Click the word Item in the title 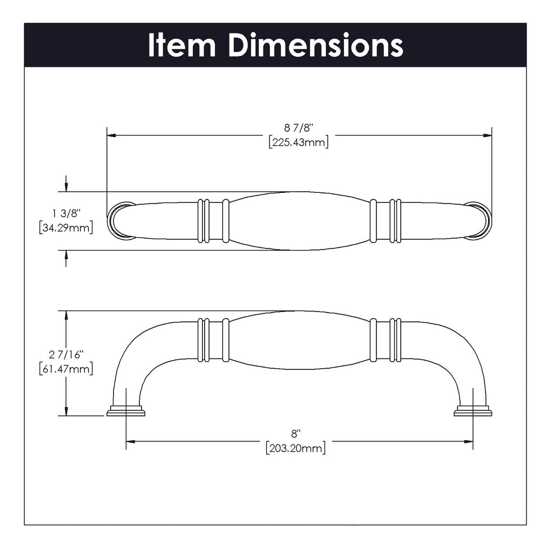pyautogui.click(x=181, y=46)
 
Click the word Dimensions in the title pyautogui.click(x=315, y=46)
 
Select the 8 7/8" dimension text pyautogui.click(x=299, y=127)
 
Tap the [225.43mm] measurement pyautogui.click(x=299, y=143)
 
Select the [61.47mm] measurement pyautogui.click(x=66, y=369)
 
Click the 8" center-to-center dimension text pyautogui.click(x=295, y=433)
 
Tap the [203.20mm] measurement pyautogui.click(x=295, y=448)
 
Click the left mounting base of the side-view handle pyautogui.click(x=126, y=412)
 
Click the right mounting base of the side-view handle pyautogui.click(x=473, y=412)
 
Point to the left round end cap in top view pyautogui.click(x=120, y=220)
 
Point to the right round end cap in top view pyautogui.click(x=480, y=220)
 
